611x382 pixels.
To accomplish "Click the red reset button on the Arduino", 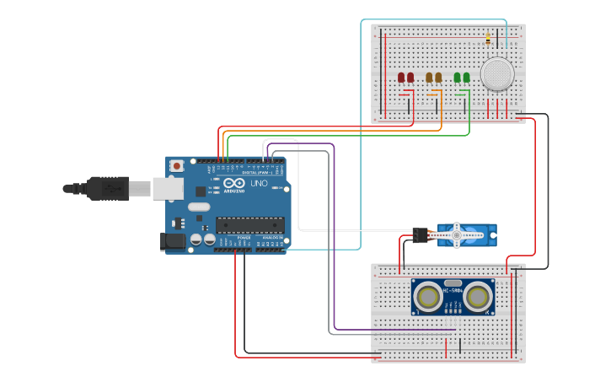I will pyautogui.click(x=176, y=166).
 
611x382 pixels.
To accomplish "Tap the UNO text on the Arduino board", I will pyautogui.click(x=259, y=183).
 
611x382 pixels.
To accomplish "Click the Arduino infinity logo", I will pyautogui.click(x=233, y=183).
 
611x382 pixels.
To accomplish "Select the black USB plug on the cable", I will pyautogui.click(x=107, y=188).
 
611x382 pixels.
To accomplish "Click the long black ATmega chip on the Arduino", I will pyautogui.click(x=249, y=224).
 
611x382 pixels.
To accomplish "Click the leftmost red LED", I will pyautogui.click(x=401, y=78).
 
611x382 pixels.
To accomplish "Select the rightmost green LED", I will pyautogui.click(x=467, y=78).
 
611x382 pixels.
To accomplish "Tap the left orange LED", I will pyautogui.click(x=429, y=78).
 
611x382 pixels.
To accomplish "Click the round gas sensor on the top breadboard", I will pyautogui.click(x=496, y=74).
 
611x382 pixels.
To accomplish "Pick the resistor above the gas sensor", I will pyautogui.click(x=488, y=39).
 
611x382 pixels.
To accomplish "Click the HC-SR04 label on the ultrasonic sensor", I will pyautogui.click(x=453, y=292).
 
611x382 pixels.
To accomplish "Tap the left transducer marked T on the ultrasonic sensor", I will pyautogui.click(x=428, y=297).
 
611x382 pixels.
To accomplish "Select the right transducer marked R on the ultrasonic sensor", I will pyautogui.click(x=478, y=297).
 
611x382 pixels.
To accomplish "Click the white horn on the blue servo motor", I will pyautogui.click(x=456, y=234).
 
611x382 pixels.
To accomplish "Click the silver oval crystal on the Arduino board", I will pyautogui.click(x=199, y=207).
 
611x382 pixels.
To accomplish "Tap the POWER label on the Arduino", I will pyautogui.click(x=244, y=238).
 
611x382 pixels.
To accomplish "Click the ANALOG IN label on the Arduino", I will pyautogui.click(x=272, y=238).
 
